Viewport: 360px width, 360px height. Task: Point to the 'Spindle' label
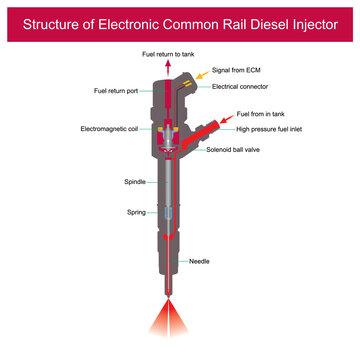(x=135, y=182)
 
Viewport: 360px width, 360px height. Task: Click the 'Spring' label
(x=137, y=212)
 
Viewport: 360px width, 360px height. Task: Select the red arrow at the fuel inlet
(x=224, y=119)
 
